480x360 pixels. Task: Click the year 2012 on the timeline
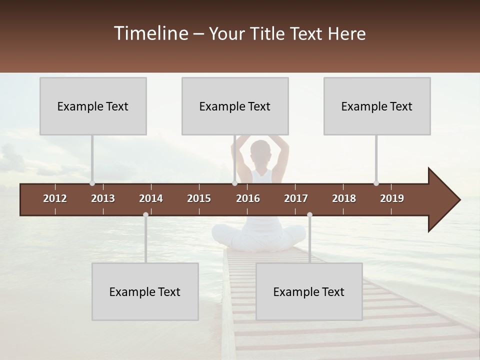coord(55,198)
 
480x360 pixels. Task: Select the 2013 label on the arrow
coord(103,198)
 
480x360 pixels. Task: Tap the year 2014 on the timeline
coord(151,198)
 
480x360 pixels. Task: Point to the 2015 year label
coord(199,198)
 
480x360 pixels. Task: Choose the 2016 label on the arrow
coord(248,198)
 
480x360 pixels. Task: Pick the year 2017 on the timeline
coord(296,198)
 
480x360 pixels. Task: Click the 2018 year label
coord(344,198)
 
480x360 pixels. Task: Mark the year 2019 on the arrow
coord(392,198)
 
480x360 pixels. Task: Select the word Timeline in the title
coord(150,33)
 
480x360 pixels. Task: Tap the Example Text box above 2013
coord(93,106)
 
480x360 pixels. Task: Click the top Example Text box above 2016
coord(235,106)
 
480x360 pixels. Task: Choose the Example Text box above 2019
coord(377,106)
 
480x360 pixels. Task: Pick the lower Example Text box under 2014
coord(145,291)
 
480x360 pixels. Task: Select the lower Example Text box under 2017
coord(309,291)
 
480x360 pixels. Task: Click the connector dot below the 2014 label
coord(145,215)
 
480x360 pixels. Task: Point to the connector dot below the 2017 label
coord(309,215)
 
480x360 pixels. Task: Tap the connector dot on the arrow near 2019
coord(376,183)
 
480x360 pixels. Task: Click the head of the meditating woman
coord(260,151)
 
